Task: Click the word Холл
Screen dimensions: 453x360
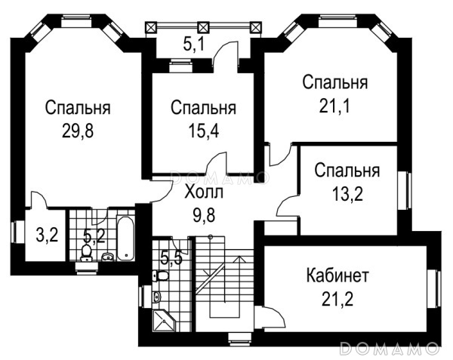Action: [204, 192]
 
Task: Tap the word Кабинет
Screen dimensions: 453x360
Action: [337, 275]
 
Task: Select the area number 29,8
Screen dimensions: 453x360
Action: [78, 131]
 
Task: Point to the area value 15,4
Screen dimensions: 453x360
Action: [203, 131]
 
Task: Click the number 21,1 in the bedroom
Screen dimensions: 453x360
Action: [334, 106]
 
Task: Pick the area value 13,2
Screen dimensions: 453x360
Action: [347, 193]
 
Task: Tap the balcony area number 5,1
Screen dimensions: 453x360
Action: [194, 45]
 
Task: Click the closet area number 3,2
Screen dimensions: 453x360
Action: [48, 235]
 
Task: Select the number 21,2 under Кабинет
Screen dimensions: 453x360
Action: [337, 299]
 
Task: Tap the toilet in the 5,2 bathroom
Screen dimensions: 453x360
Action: [86, 252]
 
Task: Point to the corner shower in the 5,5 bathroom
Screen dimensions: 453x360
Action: [163, 321]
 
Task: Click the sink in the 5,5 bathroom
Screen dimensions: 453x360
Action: [156, 296]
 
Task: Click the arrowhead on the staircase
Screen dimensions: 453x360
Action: [239, 259]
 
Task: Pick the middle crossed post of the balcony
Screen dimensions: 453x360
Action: [203, 28]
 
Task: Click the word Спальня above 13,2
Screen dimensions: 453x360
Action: [347, 171]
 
